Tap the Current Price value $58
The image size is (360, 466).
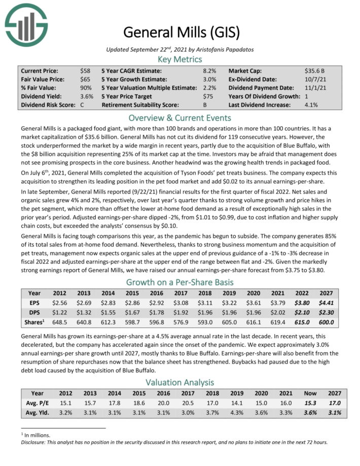[x=85, y=71]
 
